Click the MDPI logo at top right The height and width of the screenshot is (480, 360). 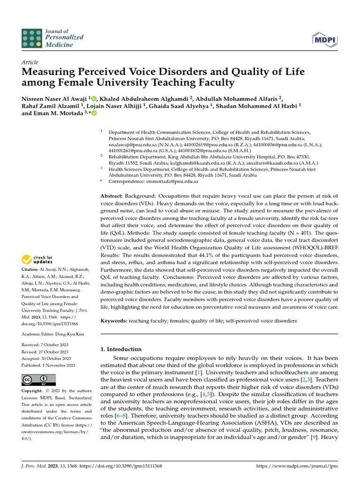coord(325,41)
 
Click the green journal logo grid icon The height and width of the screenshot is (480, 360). coord(31,37)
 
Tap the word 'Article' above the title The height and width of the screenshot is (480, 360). coord(30,62)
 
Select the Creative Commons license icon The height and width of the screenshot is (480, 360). coord(38,380)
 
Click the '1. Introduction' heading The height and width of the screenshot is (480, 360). coord(121,349)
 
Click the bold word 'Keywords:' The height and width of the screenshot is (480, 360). coord(114,321)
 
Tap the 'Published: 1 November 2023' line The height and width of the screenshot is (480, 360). coord(49,366)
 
